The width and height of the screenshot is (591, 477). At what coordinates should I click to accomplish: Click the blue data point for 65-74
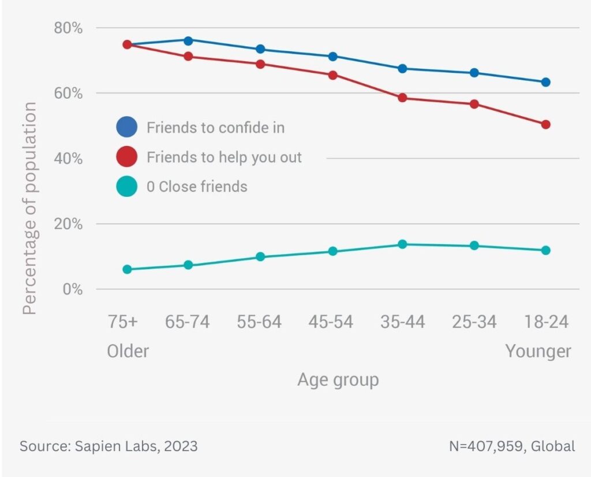(188, 40)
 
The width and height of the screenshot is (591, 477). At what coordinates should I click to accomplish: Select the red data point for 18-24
(545, 124)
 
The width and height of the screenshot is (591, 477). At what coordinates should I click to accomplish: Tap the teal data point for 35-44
(402, 244)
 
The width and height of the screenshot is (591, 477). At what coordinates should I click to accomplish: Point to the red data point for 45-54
(332, 75)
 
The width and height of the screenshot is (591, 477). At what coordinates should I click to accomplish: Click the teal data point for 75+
(127, 269)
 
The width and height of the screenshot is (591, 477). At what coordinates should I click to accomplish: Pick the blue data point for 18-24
(545, 82)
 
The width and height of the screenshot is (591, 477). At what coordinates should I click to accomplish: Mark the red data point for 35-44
(402, 98)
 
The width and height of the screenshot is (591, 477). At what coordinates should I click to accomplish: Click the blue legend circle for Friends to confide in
(126, 127)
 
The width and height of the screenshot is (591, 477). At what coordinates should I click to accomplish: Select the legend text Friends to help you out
(224, 157)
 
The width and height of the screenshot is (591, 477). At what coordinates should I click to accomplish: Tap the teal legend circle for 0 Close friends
(126, 187)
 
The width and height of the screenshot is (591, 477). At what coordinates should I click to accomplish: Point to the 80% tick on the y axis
(68, 28)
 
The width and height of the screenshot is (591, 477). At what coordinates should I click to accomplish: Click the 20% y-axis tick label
(68, 224)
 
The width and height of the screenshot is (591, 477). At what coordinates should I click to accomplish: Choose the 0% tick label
(73, 289)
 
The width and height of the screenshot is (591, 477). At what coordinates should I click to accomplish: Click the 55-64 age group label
(259, 322)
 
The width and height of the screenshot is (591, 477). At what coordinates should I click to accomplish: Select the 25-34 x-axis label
(474, 322)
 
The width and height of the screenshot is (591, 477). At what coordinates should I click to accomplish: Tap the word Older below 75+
(128, 351)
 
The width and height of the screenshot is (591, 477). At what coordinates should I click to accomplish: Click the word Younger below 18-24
(538, 351)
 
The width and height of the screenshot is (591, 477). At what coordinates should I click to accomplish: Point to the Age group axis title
(338, 380)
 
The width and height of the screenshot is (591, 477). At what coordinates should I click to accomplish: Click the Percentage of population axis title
(30, 208)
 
